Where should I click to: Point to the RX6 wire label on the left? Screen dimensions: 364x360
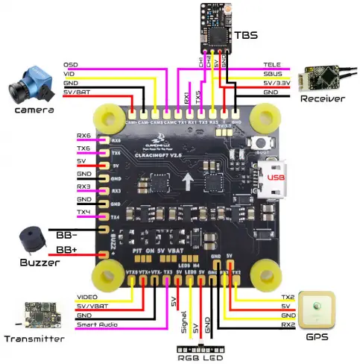[83, 136]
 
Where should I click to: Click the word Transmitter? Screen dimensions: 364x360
[34, 339]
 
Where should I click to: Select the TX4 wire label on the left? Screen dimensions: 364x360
[83, 212]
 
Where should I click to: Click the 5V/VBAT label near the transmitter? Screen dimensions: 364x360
[93, 307]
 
